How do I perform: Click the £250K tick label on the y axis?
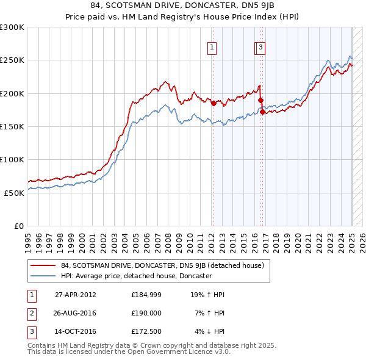12,60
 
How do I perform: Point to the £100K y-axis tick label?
12,159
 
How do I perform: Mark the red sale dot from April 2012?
213,104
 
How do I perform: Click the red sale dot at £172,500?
262,112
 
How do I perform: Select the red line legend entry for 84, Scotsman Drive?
162,265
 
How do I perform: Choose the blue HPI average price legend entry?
135,276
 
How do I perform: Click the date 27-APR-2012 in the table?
75,295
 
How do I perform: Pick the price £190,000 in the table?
146,313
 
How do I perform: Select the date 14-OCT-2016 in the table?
75,331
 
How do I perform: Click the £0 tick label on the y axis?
18,226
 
